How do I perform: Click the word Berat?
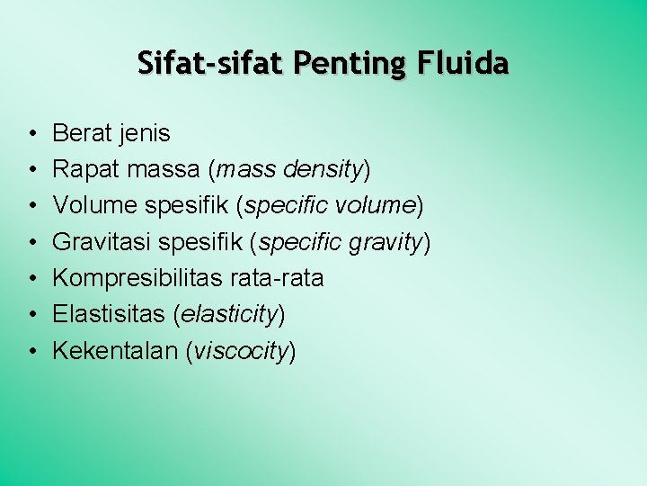pyautogui.click(x=81, y=133)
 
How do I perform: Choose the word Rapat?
pyautogui.click(x=84, y=169)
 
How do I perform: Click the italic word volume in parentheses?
pyautogui.click(x=374, y=205)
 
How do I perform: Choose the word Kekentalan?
pyautogui.click(x=114, y=350)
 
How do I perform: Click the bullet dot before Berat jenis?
pyautogui.click(x=31, y=134)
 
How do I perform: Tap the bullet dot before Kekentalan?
pyautogui.click(x=31, y=351)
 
